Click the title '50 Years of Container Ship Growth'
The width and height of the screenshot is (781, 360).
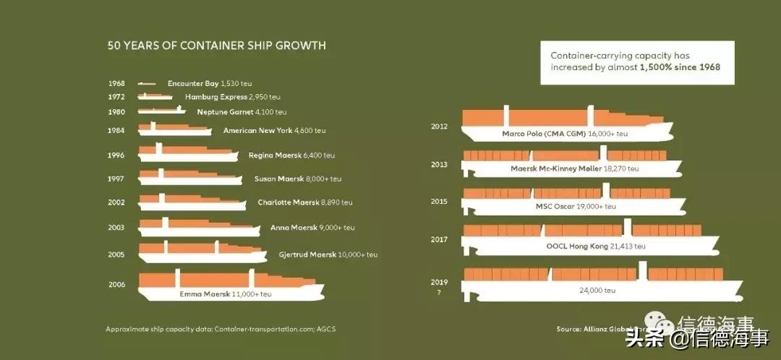click(216, 46)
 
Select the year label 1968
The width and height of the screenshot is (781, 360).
click(116, 84)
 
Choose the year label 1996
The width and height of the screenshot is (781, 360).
click(116, 155)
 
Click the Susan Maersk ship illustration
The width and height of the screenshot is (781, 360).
click(189, 177)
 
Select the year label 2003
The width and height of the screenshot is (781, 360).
click(116, 228)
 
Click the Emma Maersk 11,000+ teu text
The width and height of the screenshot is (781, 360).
click(225, 294)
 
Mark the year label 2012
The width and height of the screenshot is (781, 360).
click(439, 127)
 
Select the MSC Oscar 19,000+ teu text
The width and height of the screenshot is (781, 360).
click(576, 207)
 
